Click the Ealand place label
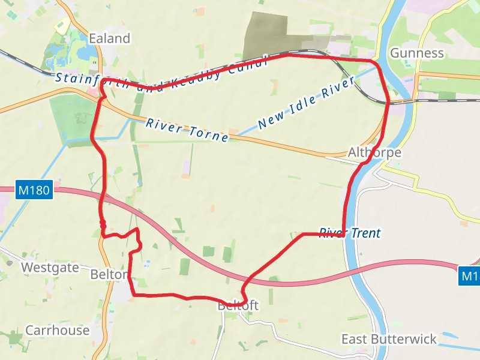pos(109,38)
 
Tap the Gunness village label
pos(416,53)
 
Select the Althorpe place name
pos(374,153)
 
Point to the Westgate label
pos(50,268)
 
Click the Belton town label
pos(109,275)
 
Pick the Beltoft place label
pos(238,306)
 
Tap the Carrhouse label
pos(57,331)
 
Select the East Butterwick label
pos(389,340)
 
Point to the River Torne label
pos(187,130)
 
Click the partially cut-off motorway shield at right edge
pos(470,276)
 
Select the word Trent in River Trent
pos(362,233)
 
